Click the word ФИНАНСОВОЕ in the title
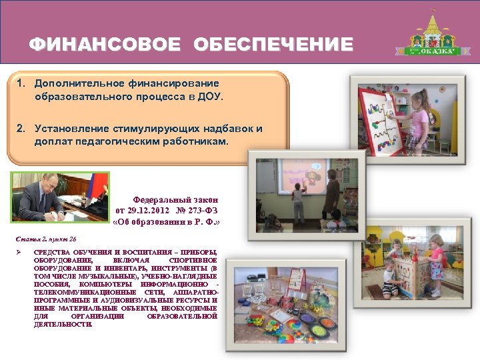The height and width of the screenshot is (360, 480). point(105,45)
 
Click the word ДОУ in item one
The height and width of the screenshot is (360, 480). point(209,97)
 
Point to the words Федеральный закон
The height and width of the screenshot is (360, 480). point(175,199)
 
